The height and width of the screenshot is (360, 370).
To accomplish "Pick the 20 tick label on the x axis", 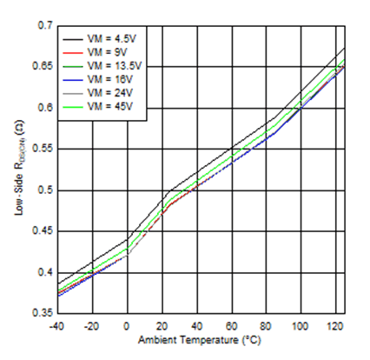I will tap(162, 325).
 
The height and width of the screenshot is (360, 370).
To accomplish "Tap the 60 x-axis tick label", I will tap(231, 325).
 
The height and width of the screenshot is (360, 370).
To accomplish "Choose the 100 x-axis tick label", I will tap(301, 325).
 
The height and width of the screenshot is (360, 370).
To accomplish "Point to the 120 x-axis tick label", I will tap(335, 325).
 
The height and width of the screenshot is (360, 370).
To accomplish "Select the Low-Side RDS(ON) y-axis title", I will tap(19, 169).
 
